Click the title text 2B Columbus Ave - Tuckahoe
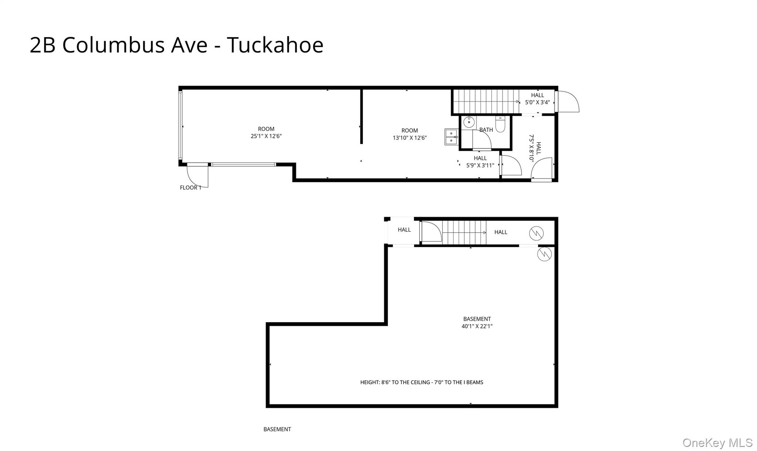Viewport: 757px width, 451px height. coord(176,45)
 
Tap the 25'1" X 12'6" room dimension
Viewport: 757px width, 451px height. coord(266,136)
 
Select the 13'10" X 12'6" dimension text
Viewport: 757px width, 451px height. coord(410,138)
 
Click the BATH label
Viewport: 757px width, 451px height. coord(486,130)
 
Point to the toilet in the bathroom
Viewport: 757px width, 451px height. coord(500,124)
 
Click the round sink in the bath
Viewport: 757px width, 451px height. coord(469,122)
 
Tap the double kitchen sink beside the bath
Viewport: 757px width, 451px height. coord(451,137)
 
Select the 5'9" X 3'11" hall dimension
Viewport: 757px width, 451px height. coord(480,166)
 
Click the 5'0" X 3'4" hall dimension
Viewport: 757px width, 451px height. coord(537,102)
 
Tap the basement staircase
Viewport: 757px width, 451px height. coord(464,233)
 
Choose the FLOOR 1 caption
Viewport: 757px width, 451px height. coord(191,188)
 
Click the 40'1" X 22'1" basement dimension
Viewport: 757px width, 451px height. coord(477,326)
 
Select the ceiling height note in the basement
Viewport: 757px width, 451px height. coord(422,382)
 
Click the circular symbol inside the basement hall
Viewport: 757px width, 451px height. coord(536,233)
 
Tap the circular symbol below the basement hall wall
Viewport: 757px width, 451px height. coord(544,254)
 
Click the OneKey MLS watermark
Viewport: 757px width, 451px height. coord(717,442)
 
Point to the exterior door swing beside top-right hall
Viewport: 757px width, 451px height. coord(568,102)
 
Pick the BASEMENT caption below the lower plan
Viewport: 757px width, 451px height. coord(277,429)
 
